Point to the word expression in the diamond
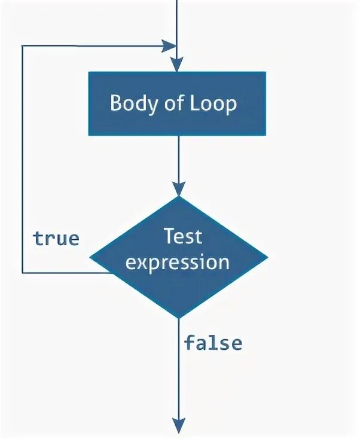[178, 262]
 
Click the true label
[56, 239]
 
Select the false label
[213, 343]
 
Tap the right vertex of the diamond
[267, 258]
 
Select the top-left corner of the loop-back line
[23, 45]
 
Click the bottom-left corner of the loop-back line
[23, 273]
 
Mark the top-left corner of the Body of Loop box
[89, 72]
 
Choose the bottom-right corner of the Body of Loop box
[266, 135]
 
